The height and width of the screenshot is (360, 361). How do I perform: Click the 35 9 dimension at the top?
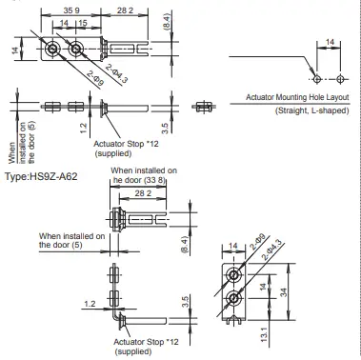point(71,10)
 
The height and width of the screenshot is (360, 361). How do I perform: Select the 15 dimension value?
point(83,23)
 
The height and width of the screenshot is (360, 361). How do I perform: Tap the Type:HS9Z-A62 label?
point(41,176)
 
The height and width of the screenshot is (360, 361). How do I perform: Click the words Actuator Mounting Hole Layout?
point(297,97)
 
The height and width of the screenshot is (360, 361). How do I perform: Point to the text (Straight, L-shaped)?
point(311,110)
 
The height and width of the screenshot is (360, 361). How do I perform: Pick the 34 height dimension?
point(284,292)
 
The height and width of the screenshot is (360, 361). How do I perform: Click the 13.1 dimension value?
point(265,334)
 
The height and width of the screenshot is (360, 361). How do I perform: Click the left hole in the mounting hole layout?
point(317,79)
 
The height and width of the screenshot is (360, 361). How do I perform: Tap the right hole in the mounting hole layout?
point(340,79)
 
